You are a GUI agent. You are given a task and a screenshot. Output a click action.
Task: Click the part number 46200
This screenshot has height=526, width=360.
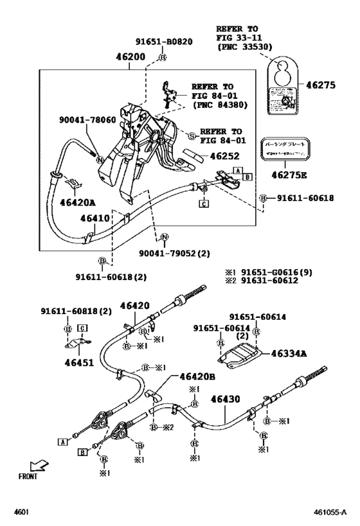(131, 57)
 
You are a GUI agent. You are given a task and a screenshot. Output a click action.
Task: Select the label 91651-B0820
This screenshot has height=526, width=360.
(163, 42)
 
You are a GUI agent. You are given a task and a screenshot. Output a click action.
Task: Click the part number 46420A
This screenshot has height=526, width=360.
(78, 202)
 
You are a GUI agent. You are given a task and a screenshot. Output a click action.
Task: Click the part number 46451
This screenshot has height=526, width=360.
(78, 362)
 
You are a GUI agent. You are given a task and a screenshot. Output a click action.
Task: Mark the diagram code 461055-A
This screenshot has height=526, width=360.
(331, 514)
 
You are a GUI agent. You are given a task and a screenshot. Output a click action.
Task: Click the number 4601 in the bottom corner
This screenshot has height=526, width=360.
(23, 514)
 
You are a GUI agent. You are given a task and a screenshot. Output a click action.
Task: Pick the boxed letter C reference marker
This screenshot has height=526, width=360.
(203, 205)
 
